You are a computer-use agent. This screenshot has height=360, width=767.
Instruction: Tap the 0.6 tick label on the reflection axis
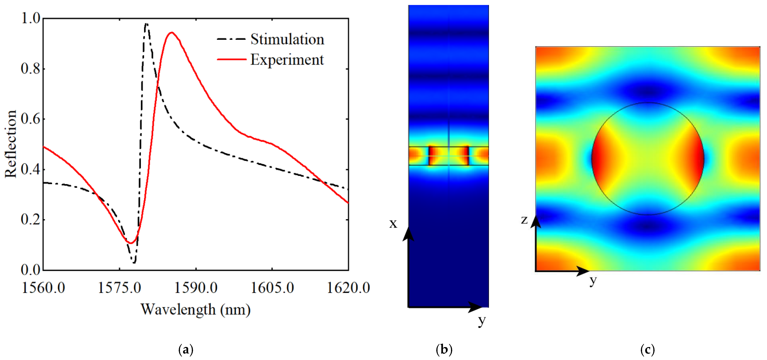tap(31, 119)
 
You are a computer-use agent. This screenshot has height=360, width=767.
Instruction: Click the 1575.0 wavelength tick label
tap(119, 288)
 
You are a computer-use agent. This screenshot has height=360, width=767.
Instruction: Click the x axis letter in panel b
tap(393, 223)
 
